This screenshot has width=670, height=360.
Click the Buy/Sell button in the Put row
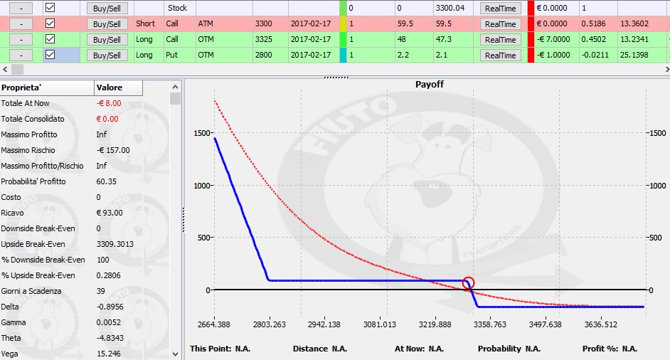107,55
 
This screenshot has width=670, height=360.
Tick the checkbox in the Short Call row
50,23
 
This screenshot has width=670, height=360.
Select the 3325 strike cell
264,39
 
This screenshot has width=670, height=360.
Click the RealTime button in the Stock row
500,8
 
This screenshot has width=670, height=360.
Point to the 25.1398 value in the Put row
634,55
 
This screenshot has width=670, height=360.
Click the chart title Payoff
430,85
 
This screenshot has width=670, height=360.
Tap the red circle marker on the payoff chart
468,282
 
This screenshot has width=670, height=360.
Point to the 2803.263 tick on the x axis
269,324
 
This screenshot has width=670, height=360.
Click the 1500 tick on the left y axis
202,133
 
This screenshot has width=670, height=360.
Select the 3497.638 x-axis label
545,324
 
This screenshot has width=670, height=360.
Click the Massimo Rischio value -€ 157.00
113,150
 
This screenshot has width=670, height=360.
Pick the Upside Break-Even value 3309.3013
115,244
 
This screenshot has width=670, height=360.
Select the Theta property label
11,338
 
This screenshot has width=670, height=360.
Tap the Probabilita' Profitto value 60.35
107,181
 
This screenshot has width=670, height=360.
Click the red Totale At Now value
109,103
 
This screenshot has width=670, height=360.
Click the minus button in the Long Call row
21,40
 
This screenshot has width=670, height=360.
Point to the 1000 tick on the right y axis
656,186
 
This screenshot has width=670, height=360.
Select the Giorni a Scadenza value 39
101,291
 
